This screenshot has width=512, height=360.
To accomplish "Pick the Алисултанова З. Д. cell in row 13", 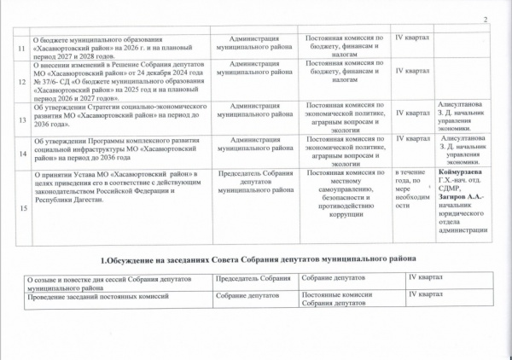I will click(463, 115).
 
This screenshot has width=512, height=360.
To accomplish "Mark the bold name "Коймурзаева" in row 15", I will click(462, 174).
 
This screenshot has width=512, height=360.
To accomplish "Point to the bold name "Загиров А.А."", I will click(461, 198).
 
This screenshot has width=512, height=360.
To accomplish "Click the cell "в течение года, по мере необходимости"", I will click(410, 191).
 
